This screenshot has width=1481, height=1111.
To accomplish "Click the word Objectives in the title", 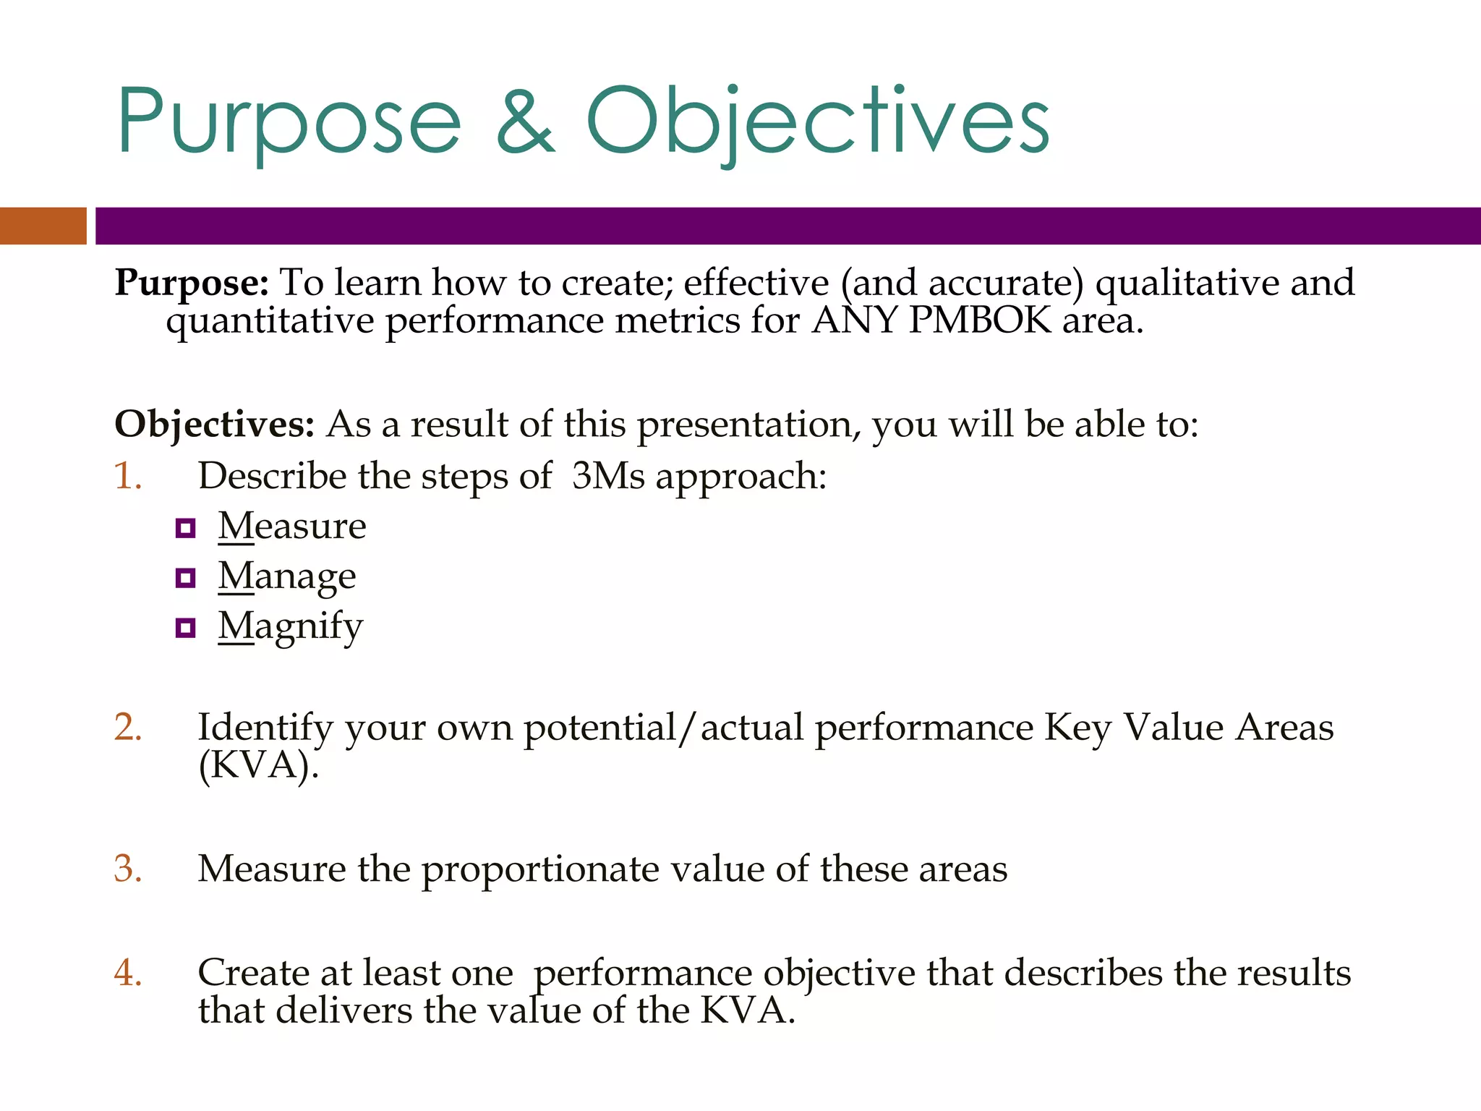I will click(x=817, y=122).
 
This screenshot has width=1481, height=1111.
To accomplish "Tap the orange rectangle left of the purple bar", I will click(x=43, y=226).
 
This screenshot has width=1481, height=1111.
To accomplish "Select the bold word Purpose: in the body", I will click(x=192, y=283).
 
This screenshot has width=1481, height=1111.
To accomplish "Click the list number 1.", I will click(x=127, y=476).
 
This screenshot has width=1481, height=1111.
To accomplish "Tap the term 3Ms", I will click(x=607, y=476).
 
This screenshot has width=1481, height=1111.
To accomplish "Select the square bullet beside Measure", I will click(x=186, y=528).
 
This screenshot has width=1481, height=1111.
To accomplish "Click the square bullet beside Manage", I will click(x=186, y=578).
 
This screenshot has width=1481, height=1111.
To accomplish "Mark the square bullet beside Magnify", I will click(x=186, y=628).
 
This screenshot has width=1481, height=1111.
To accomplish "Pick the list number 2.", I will click(x=127, y=727).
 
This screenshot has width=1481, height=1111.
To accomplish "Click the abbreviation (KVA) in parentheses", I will click(x=258, y=765).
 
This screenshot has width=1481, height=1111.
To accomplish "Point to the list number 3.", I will click(x=127, y=868).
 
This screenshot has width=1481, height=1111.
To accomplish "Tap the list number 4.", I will click(x=127, y=972).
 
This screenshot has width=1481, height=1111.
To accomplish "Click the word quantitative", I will click(x=270, y=321).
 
